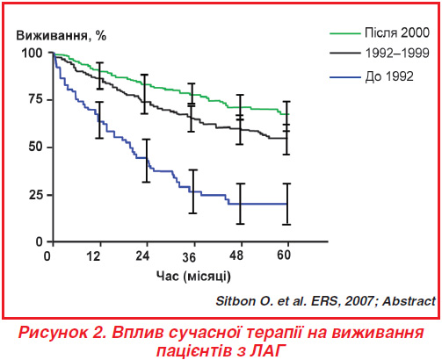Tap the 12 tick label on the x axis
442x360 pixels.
point(93,256)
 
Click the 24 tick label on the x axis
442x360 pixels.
point(142,256)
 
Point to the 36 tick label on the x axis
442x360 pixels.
point(189,257)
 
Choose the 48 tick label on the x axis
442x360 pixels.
point(236,256)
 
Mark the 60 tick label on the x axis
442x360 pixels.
point(284,256)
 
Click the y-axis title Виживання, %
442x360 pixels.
point(61,36)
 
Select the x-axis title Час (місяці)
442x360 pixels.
point(193,276)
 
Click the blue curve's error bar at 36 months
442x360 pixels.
point(192,191)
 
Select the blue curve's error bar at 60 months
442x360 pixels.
point(287,204)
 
